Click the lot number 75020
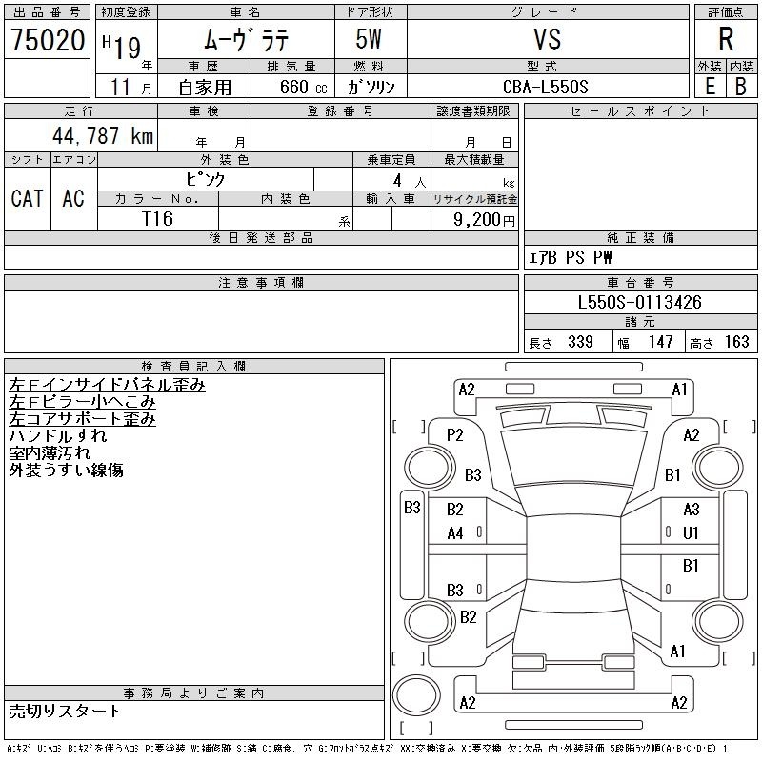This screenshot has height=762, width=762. pyautogui.click(x=48, y=40)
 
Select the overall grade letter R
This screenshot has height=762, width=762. pyautogui.click(x=726, y=39)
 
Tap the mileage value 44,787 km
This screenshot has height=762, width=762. pyautogui.click(x=103, y=135)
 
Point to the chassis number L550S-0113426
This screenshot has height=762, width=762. pyautogui.click(x=639, y=302)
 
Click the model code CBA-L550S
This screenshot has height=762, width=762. pyautogui.click(x=545, y=87)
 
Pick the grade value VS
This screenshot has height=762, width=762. pyautogui.click(x=547, y=39)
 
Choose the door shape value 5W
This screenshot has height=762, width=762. pyautogui.click(x=369, y=39)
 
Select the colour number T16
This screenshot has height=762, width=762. pyautogui.click(x=157, y=219)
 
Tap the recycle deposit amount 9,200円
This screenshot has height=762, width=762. pyautogui.click(x=484, y=220)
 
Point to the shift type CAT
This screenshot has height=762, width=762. pyautogui.click(x=28, y=198)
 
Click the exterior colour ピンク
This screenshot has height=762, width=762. pyautogui.click(x=206, y=180)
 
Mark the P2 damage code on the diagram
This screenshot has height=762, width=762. pyautogui.click(x=455, y=435)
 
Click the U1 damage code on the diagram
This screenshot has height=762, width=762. pyautogui.click(x=691, y=533)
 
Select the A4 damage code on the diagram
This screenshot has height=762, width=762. pyautogui.click(x=455, y=533)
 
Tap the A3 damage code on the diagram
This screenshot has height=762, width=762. pyautogui.click(x=692, y=510)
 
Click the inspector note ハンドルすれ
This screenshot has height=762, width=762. pyautogui.click(x=58, y=436)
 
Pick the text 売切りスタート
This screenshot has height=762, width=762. pyautogui.click(x=65, y=712)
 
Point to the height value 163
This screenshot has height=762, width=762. pyautogui.click(x=736, y=342)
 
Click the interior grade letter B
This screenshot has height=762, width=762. pyautogui.click(x=741, y=87)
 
